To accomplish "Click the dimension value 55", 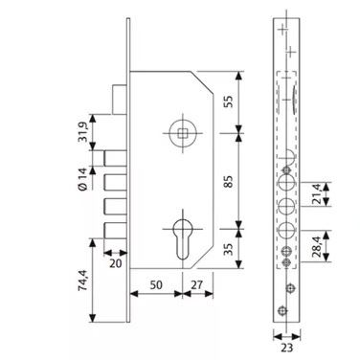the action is (x=229, y=101).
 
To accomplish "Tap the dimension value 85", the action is (x=229, y=181).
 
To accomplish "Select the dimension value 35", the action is (x=228, y=249).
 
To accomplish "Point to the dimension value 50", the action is (x=156, y=284).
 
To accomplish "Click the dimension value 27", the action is (x=196, y=284).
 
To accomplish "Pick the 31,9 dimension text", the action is (x=82, y=132).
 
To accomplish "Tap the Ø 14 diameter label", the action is (x=82, y=179).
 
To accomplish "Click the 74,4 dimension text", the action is (x=82, y=280).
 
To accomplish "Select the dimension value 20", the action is (x=116, y=263).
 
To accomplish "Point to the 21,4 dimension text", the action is (x=317, y=194).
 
